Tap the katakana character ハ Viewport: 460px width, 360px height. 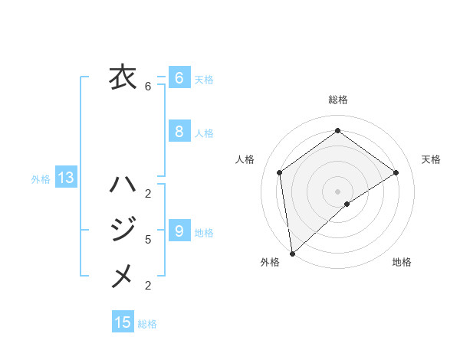(122, 185)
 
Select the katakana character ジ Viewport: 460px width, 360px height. (122, 230)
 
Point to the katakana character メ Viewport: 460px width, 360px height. (122, 275)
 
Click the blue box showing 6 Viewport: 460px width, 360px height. (179, 78)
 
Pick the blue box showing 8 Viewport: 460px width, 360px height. (179, 132)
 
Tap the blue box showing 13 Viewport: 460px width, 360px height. (66, 178)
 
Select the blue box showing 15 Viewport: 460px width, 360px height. (123, 322)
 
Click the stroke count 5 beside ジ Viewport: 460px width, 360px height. (148, 240)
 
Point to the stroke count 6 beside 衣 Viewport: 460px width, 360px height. (148, 87)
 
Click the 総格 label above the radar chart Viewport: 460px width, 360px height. (338, 100)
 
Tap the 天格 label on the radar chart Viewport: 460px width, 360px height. (431, 159)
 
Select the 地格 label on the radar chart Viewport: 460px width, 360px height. (402, 262)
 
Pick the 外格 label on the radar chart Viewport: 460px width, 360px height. (270, 262)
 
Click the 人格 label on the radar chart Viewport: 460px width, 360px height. (245, 159)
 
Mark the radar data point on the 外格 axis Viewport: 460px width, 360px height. (292, 253)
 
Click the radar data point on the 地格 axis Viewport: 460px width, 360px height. (347, 204)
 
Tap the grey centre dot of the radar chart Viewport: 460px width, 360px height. (337, 190)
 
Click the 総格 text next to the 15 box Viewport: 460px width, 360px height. (147, 324)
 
